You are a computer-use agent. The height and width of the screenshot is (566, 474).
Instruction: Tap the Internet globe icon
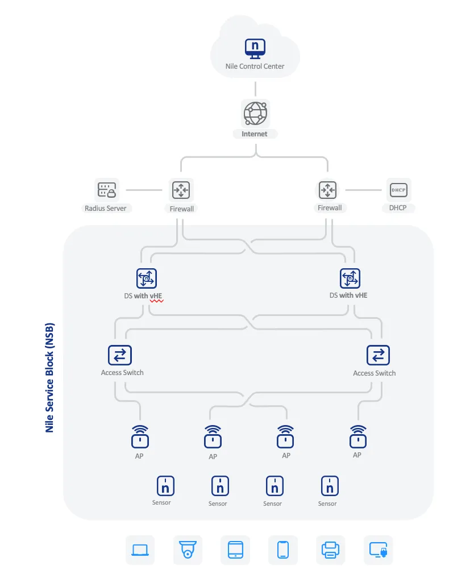pos(255,113)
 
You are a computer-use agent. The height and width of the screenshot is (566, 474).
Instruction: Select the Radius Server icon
pos(107,190)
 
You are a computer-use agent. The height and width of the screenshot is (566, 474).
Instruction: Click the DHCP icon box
pos(398,190)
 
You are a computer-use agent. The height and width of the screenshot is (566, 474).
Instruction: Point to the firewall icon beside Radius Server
pos(181,190)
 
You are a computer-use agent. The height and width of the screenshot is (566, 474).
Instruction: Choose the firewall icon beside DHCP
pos(327,190)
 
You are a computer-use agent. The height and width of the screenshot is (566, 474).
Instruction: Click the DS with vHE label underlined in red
pos(143,296)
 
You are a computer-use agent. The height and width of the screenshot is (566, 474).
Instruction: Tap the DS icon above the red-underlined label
pos(147,278)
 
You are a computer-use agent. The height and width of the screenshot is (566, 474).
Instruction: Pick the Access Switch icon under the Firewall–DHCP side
pos(378,355)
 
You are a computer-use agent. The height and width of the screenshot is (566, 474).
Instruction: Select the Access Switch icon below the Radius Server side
pos(120,355)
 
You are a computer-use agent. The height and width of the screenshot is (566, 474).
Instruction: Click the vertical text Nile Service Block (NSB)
pos(49,377)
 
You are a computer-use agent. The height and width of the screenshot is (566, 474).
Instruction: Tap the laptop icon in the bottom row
pos(140,550)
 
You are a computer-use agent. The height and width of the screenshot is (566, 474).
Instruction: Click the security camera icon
pos(188,550)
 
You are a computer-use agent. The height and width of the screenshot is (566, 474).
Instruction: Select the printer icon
pos(330,550)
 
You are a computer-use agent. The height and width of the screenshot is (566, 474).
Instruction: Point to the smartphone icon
pos(283,550)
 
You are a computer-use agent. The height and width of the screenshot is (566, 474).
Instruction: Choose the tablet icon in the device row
pos(235,550)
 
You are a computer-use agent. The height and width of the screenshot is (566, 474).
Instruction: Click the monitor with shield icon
pos(379,550)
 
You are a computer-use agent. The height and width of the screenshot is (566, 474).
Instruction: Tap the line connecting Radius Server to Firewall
pos(144,190)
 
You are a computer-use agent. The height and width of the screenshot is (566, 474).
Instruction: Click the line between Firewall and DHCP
pos(363,190)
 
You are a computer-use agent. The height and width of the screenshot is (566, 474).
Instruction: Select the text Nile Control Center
pos(255,66)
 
